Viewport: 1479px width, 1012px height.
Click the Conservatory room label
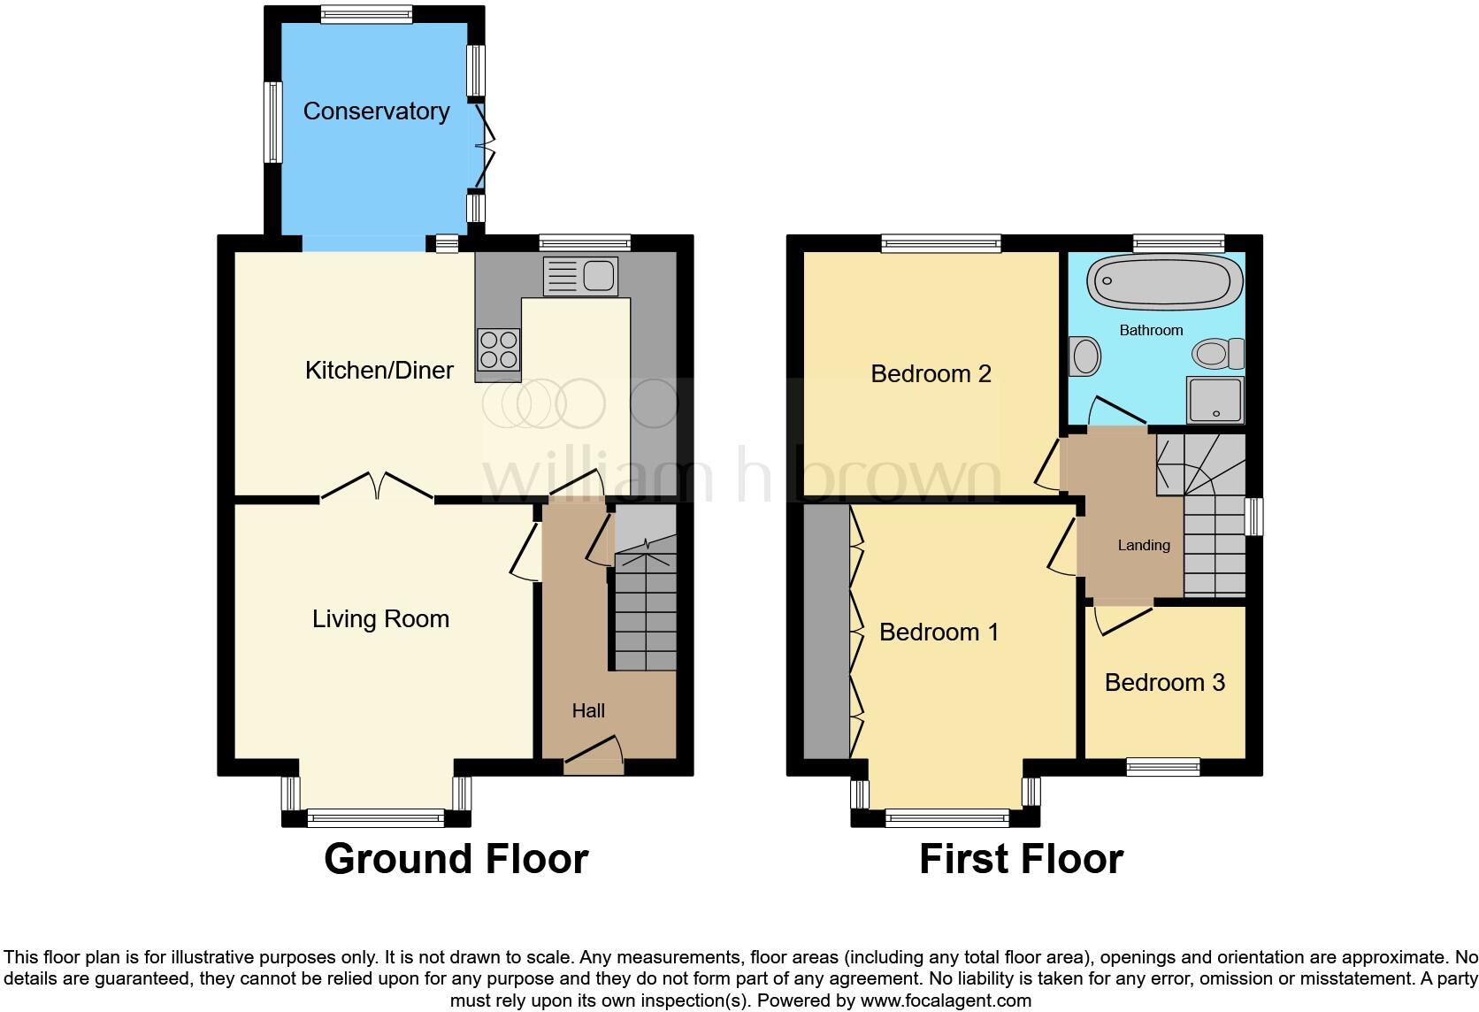pyautogui.click(x=376, y=111)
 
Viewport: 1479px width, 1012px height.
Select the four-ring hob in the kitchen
pyautogui.click(x=498, y=349)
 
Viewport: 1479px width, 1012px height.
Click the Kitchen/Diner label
pyautogui.click(x=379, y=370)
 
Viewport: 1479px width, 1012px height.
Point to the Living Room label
pyautogui.click(x=380, y=619)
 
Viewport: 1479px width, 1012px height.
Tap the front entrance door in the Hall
pyautogui.click(x=594, y=753)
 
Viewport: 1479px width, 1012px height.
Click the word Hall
pyautogui.click(x=588, y=710)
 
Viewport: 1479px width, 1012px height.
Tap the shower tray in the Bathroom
pyautogui.click(x=1215, y=400)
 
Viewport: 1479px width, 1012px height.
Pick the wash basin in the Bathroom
pyautogui.click(x=1084, y=356)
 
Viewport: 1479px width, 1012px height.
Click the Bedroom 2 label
pyautogui.click(x=931, y=374)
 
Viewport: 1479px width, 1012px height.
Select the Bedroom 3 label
pyautogui.click(x=1164, y=683)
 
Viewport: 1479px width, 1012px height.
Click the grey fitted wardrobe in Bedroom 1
pyautogui.click(x=826, y=632)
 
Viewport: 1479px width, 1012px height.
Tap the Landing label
pyautogui.click(x=1143, y=545)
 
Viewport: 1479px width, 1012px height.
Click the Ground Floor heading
pyautogui.click(x=456, y=859)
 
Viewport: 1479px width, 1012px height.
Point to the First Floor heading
pyautogui.click(x=1021, y=859)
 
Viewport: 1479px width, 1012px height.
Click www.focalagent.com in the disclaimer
pyautogui.click(x=946, y=1001)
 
